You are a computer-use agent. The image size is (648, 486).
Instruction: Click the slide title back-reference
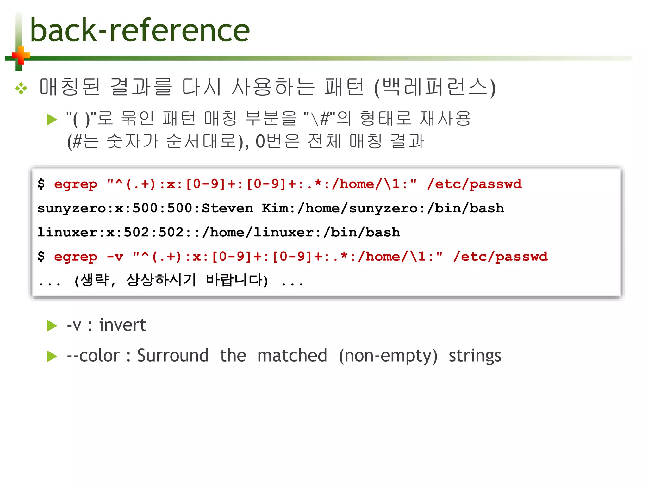tap(140, 31)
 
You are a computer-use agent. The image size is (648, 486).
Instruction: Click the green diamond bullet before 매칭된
tap(21, 88)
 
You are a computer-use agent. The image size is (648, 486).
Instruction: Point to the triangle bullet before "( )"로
tap(52, 120)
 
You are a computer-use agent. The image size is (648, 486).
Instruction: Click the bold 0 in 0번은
tap(260, 141)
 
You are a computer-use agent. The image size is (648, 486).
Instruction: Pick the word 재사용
tap(445, 118)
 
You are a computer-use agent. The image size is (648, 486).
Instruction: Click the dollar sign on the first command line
tap(41, 184)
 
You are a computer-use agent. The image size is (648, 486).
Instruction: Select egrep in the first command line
tap(76, 184)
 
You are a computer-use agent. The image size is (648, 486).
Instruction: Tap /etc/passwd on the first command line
tap(474, 184)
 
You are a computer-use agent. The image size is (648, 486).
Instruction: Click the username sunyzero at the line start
tap(72, 209)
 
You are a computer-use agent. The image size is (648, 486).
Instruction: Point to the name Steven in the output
tap(227, 208)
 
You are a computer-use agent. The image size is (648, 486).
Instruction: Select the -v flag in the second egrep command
tap(115, 257)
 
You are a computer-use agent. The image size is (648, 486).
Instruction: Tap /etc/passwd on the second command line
tap(500, 257)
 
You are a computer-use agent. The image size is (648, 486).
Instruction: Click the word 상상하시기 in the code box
tap(161, 280)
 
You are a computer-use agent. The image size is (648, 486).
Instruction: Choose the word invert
tap(122, 325)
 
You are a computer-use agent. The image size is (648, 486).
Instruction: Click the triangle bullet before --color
tap(52, 356)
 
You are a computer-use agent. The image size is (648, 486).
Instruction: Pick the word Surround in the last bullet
tap(173, 356)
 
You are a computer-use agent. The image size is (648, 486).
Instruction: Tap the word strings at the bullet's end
tap(475, 356)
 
